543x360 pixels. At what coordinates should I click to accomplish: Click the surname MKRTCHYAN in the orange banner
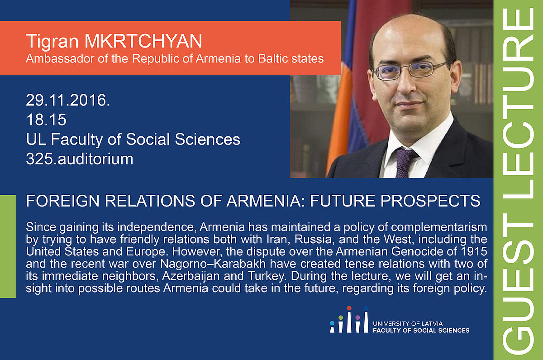click(143, 41)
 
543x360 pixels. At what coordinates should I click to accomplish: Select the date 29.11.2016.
click(68, 100)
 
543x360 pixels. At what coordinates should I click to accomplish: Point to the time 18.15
click(46, 120)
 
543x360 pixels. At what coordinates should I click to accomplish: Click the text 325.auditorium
click(80, 159)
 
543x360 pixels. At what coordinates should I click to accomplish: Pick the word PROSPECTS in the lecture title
click(430, 201)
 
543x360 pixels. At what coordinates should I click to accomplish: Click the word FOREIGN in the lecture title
click(63, 201)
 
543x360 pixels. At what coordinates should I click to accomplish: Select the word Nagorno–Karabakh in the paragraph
click(213, 264)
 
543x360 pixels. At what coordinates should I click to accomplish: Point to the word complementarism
click(439, 227)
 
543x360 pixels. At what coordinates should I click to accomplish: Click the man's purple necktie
click(405, 162)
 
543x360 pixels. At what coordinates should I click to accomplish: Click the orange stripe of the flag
click(339, 116)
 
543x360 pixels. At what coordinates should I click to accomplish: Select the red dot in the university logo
click(349, 308)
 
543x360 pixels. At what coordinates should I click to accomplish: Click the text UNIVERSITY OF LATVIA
click(408, 324)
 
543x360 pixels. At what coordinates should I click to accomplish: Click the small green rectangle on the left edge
click(8, 246)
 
